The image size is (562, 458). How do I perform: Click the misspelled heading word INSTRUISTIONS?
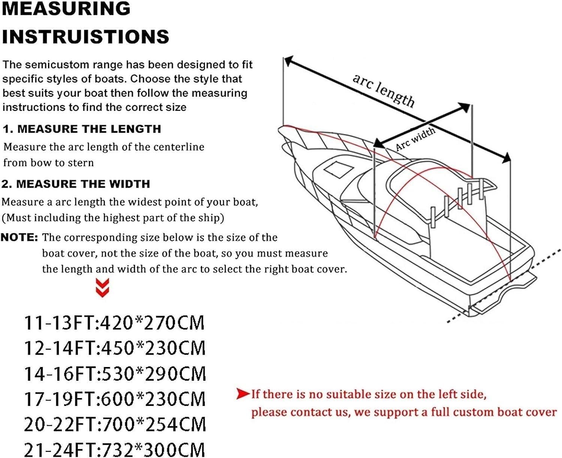pos(86,36)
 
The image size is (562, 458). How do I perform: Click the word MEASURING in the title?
pos(66,9)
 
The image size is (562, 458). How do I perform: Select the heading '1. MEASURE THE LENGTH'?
pos(82,129)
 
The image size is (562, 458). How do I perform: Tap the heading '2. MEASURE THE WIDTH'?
pos(76,184)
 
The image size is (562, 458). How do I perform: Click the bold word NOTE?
pos(19,237)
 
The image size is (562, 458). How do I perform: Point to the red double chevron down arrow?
pos(102,288)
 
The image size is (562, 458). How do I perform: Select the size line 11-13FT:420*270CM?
pos(114,323)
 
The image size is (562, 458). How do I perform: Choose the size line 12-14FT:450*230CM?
pos(115,348)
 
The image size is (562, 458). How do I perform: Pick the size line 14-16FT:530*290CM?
pos(115,374)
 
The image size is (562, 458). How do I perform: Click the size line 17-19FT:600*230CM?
pos(115,399)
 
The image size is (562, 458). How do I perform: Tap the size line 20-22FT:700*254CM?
pos(115,425)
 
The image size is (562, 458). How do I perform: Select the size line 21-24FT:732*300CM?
pos(115,450)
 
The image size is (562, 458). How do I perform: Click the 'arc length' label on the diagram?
pos(384,90)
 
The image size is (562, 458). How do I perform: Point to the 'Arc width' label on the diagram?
pos(415,138)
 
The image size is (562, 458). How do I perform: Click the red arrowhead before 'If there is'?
pos(243,394)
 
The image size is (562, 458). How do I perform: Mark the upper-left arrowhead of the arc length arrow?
pos(288,61)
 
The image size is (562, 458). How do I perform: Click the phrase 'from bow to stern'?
pos(48,163)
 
